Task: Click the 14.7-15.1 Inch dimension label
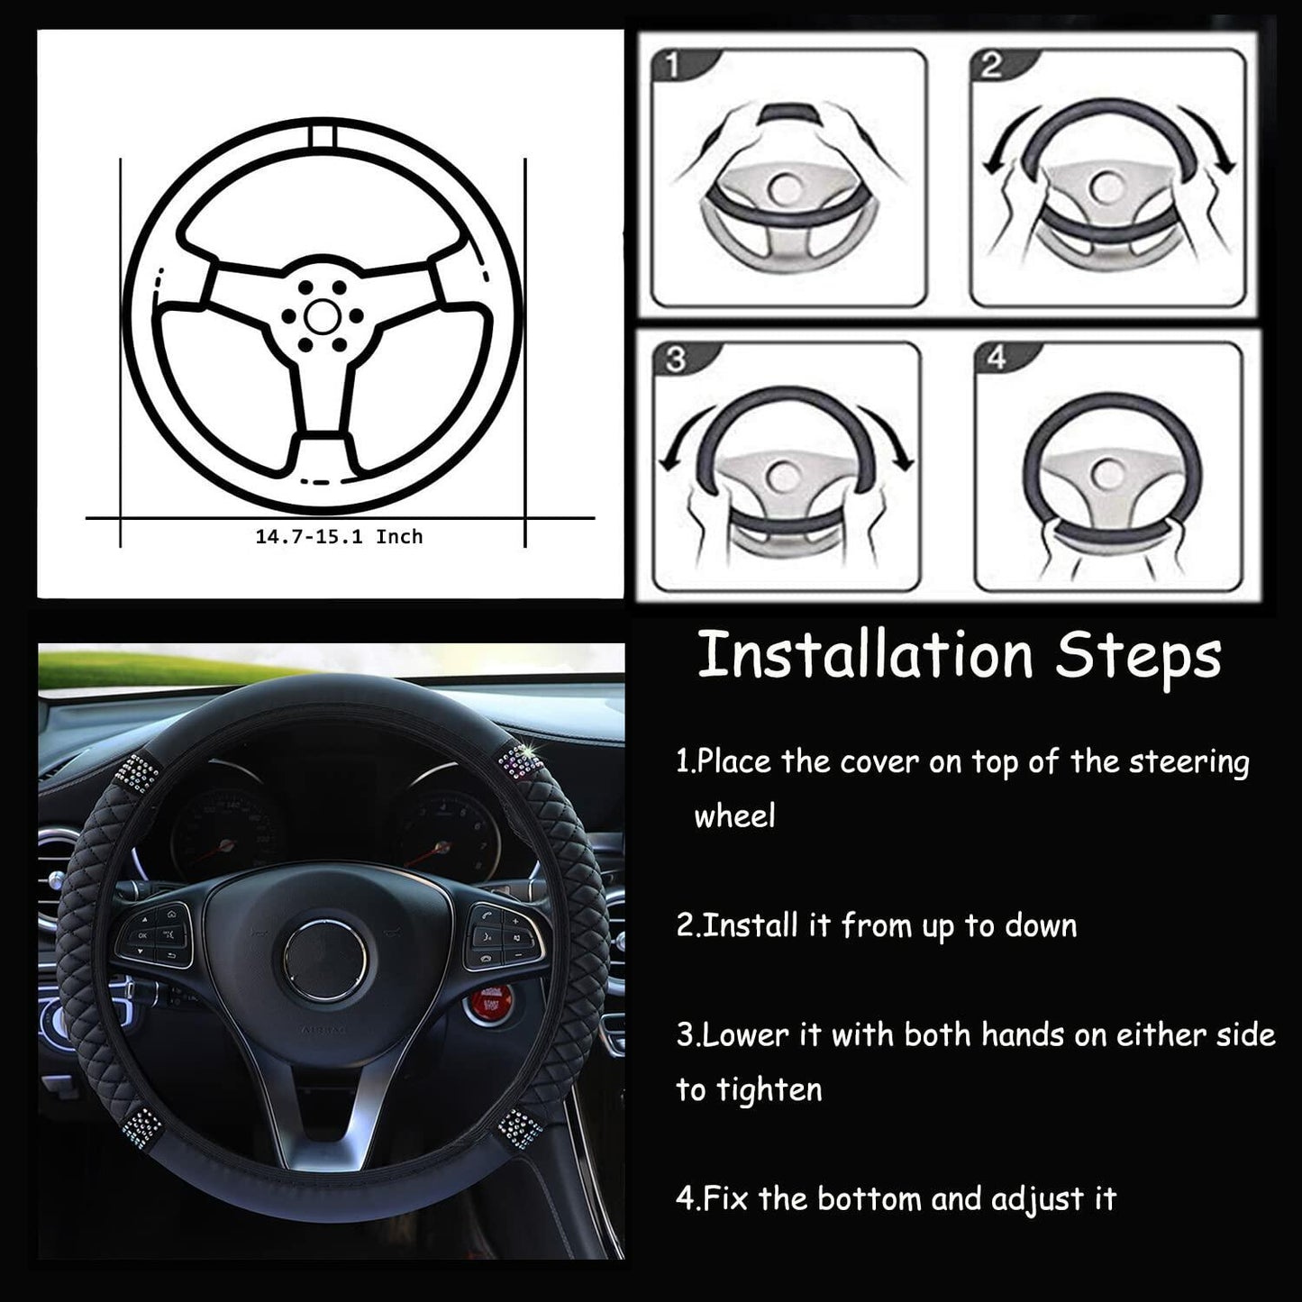(x=339, y=536)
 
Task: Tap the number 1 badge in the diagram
(x=673, y=66)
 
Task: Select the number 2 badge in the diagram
(x=991, y=66)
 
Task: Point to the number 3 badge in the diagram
(x=677, y=359)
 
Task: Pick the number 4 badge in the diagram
(x=997, y=358)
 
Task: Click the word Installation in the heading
(x=866, y=655)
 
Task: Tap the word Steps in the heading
(x=1139, y=658)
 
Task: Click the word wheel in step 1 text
(x=734, y=816)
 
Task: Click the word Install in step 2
(x=751, y=925)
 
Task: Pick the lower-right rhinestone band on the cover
(x=519, y=1128)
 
